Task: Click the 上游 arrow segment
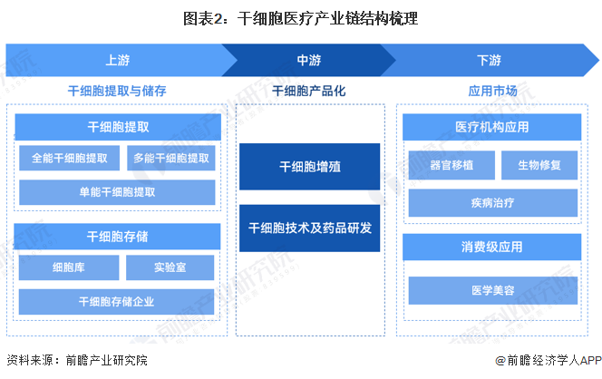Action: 115,60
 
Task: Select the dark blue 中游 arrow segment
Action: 309,60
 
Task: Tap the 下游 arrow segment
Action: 490,60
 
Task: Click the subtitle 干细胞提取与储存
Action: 117,91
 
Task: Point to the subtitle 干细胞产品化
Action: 309,91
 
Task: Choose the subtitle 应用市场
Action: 492,91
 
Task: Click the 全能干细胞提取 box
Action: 70,158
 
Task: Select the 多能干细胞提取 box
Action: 171,158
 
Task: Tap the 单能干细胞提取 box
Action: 117,192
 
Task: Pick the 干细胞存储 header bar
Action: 117,237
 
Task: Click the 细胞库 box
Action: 69,267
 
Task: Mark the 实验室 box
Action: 170,267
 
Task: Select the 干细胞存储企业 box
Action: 116,302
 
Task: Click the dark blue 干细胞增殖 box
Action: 310,167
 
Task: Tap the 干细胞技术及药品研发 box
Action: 310,228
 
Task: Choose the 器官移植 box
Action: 451,165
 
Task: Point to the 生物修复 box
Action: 539,165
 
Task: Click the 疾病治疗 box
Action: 493,203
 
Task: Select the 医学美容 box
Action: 493,290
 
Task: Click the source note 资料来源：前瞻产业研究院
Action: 77,360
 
